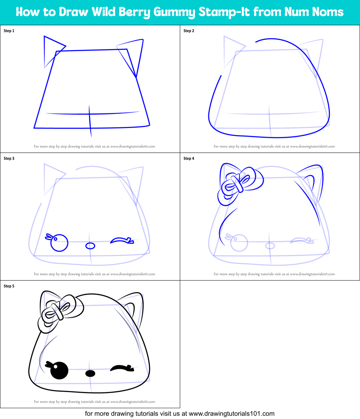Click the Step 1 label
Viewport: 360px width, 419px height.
point(9,31)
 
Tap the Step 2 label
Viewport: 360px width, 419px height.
point(189,31)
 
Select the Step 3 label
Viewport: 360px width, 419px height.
point(9,159)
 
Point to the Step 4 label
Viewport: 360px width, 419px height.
point(189,159)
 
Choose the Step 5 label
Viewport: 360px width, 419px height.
point(9,286)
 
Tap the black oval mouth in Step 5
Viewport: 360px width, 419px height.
point(90,373)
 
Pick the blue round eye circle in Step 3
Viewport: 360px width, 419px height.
point(59,243)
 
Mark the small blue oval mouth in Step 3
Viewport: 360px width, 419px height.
point(90,246)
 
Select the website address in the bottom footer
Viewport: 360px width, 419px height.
point(232,414)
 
